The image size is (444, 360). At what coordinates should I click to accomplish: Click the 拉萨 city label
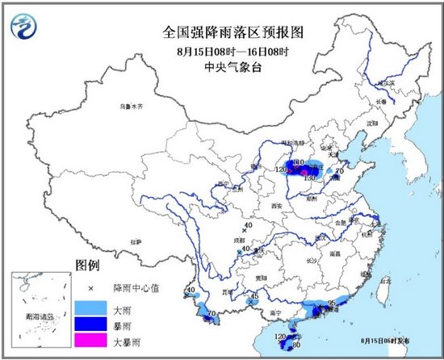point(135,240)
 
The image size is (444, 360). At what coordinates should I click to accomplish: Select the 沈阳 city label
point(371,123)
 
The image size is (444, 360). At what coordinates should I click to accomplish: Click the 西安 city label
point(279,207)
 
